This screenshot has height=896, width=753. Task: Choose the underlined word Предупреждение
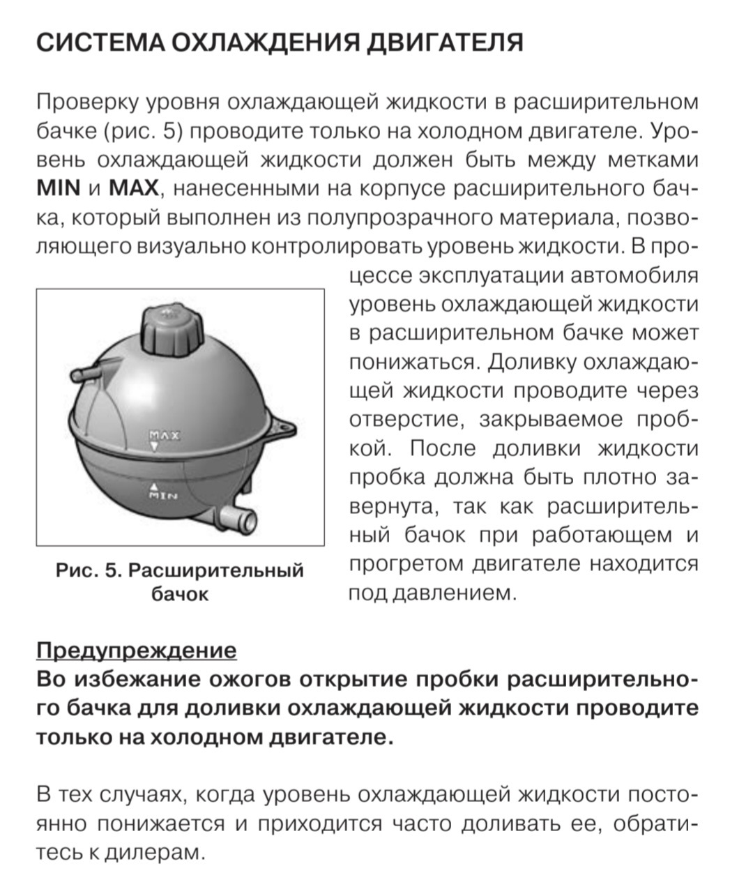tap(136, 651)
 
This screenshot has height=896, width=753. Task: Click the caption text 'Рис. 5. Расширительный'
tap(180, 570)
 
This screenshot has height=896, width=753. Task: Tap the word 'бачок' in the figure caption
tap(180, 594)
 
